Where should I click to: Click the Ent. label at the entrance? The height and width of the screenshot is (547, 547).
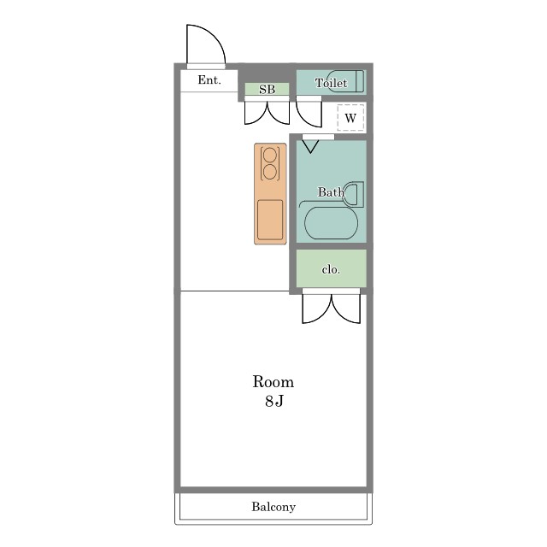pos(209,79)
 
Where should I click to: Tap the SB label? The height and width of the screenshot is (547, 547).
pos(267,89)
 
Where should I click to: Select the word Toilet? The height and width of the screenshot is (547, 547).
pos(331,83)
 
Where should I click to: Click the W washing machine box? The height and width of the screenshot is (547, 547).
pos(350,118)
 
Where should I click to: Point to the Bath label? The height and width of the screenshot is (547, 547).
pos(331,191)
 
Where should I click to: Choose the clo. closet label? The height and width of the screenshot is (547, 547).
pos(331,269)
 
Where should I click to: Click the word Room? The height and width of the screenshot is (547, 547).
pos(273,382)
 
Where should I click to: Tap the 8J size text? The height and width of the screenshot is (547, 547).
pos(273,401)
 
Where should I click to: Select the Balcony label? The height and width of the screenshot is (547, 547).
pos(273,507)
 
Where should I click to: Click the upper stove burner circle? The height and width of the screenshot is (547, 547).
pos(270,156)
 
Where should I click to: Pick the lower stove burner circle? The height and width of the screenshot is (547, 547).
pos(270,172)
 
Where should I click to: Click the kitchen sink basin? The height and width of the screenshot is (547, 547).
pos(270,220)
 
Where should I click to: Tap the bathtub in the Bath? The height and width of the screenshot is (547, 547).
pos(331,223)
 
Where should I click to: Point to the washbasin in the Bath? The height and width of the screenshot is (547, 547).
pos(353,194)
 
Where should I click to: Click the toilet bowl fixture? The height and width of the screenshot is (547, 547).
pos(346,81)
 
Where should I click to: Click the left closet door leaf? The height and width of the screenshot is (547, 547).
pos(316,309)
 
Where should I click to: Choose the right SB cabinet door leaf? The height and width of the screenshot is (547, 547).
pos(279,113)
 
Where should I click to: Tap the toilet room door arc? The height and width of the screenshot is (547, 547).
pos(309,115)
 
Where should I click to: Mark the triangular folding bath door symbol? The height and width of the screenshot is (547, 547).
pos(310,146)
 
